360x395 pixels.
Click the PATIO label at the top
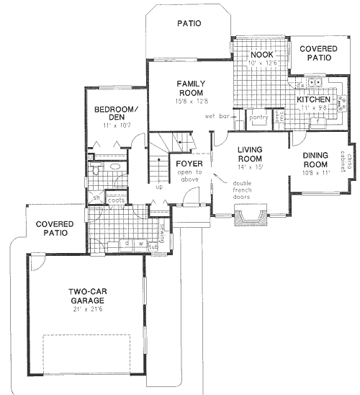coord(189,24)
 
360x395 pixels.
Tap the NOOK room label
coord(260,55)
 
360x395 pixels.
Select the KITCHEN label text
coord(313,99)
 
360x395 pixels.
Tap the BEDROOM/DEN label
coord(110,115)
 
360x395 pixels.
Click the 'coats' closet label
coord(117,201)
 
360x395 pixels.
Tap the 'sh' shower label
coord(95,197)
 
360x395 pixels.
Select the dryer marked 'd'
coord(126,243)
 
